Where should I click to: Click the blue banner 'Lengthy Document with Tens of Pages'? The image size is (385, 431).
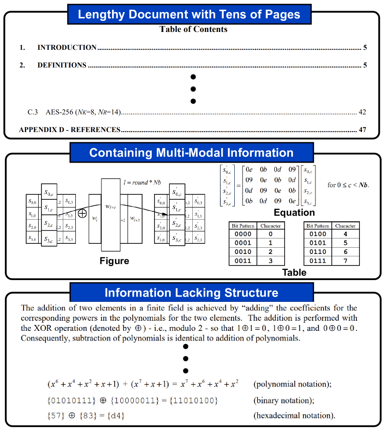189,14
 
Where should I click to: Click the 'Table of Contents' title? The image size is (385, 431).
193,30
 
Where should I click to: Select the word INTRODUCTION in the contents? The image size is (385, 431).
67,47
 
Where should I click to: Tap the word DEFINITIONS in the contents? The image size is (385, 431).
62,65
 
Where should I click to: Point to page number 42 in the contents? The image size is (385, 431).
362,112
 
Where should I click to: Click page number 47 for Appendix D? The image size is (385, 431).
362,130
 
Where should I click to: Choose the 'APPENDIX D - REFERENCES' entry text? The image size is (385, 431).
70,130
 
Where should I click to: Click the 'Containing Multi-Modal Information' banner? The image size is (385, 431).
191,153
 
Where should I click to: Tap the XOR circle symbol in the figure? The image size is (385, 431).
82,213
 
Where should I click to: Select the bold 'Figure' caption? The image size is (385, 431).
114,261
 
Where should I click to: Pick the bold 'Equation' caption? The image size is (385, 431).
294,212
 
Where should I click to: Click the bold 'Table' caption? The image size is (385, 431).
294,273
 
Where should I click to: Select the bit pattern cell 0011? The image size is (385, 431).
242,261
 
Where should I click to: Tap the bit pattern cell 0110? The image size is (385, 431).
318,252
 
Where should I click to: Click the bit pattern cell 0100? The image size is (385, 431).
318,234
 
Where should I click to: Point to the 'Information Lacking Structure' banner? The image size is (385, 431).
191,293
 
